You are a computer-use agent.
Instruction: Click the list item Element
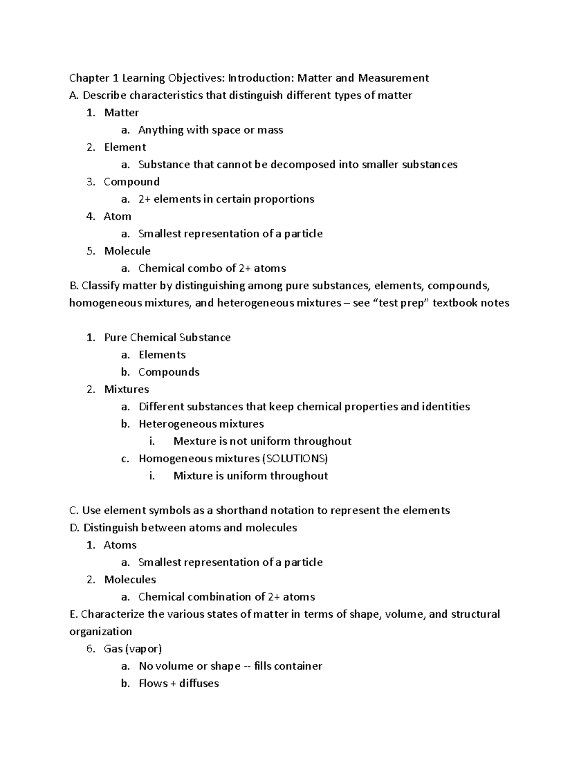tap(125, 147)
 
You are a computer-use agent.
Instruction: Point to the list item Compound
tap(132, 182)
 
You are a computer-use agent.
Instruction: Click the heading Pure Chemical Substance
tap(167, 338)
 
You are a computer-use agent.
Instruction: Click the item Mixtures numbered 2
tap(126, 390)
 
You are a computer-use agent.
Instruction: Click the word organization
tap(100, 632)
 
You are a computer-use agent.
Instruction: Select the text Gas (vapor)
tap(133, 649)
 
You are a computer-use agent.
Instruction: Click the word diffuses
tap(199, 684)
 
